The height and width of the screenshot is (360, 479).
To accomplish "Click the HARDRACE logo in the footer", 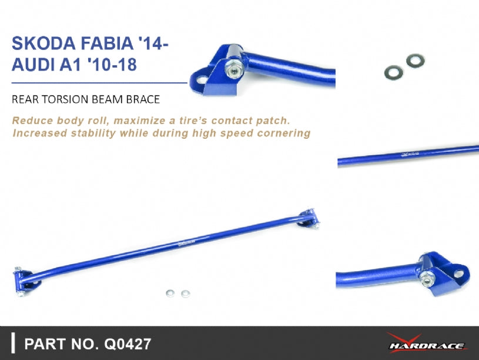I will (427, 343).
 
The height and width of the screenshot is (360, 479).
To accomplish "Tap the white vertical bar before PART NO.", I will (13, 343).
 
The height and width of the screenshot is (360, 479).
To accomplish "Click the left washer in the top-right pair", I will (392, 72).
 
